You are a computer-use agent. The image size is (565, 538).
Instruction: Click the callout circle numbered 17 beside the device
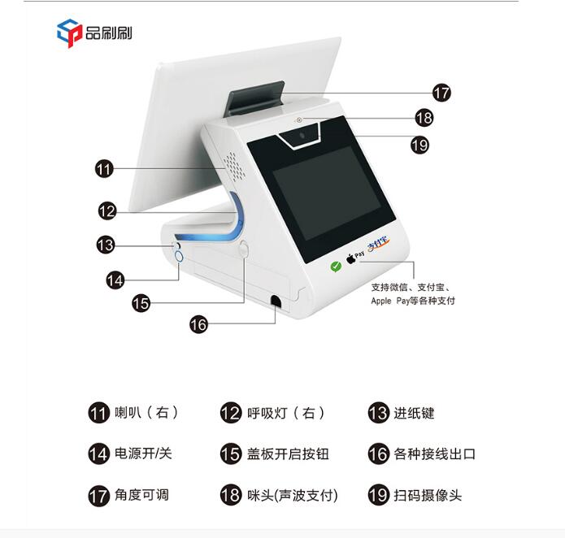pyautogui.click(x=441, y=93)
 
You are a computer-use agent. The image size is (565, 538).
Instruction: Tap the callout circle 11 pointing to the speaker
pyautogui.click(x=104, y=168)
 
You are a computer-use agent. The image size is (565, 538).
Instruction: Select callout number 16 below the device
pyautogui.click(x=198, y=324)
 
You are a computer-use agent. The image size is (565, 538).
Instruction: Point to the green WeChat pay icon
pyautogui.click(x=336, y=266)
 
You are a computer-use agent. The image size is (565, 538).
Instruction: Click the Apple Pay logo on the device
pyautogui.click(x=355, y=257)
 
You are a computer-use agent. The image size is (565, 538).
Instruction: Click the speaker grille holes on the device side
pyautogui.click(x=235, y=166)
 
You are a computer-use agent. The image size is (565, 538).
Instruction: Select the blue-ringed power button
pyautogui.click(x=179, y=257)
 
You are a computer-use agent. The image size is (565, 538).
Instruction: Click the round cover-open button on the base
pyautogui.click(x=244, y=249)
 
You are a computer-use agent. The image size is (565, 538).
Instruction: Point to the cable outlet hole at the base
pyautogui.click(x=276, y=301)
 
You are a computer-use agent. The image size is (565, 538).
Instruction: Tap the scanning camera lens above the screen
pyautogui.click(x=302, y=136)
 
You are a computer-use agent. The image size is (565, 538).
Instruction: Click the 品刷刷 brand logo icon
pyautogui.click(x=69, y=33)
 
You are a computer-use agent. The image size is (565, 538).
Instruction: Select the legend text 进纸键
pyautogui.click(x=414, y=413)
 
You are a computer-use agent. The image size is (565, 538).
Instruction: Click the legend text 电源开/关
pyautogui.click(x=143, y=453)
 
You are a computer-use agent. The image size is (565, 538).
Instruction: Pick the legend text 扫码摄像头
pyautogui.click(x=428, y=495)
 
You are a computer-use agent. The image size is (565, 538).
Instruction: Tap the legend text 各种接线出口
pyautogui.click(x=435, y=453)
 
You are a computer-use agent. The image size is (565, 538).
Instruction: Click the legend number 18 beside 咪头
pyautogui.click(x=230, y=495)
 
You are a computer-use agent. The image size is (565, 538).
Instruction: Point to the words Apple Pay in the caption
pyautogui.click(x=390, y=301)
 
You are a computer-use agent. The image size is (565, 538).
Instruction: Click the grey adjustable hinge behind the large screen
pyautogui.click(x=254, y=98)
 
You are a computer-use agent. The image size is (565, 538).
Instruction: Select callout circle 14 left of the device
pyautogui.click(x=115, y=280)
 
